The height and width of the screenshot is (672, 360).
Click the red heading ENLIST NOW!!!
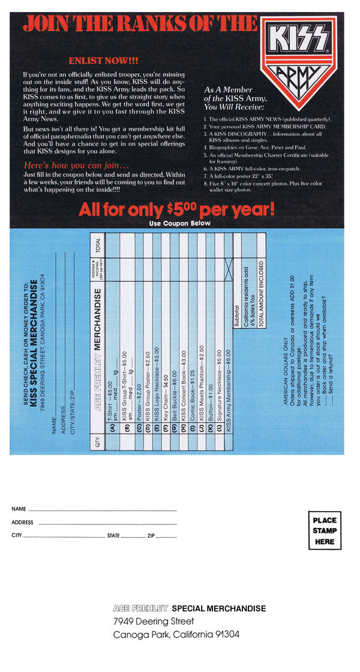tap(103, 61)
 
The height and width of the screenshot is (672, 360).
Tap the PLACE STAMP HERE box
tap(325, 530)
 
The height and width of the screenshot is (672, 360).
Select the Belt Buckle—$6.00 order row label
tap(174, 371)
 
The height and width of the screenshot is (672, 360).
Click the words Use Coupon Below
tap(180, 223)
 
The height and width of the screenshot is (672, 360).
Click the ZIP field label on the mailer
tap(151, 535)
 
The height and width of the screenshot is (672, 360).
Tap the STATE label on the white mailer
tap(113, 535)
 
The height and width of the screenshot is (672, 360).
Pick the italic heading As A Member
tap(229, 90)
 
